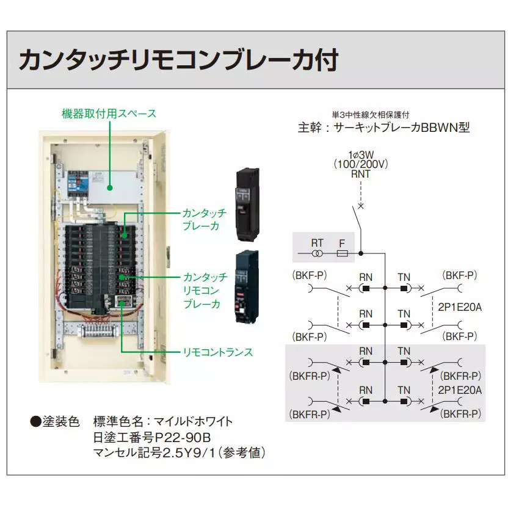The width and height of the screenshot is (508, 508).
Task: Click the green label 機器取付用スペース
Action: click(x=109, y=114)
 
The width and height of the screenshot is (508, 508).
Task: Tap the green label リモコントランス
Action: click(x=218, y=352)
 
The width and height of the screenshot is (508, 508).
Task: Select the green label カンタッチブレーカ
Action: click(x=204, y=219)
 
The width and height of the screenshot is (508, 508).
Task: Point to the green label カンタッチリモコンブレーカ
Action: click(x=204, y=291)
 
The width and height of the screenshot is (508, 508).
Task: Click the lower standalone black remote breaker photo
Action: click(x=246, y=285)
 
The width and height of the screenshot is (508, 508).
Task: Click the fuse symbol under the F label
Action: click(x=343, y=253)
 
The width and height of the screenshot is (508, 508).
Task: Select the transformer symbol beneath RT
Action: click(x=317, y=253)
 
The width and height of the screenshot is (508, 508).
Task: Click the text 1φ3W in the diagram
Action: click(x=361, y=154)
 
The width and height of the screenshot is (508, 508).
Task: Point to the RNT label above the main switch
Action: click(x=360, y=174)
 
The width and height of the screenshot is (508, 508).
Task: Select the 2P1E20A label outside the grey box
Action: click(x=460, y=307)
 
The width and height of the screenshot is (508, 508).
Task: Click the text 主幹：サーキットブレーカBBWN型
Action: click(x=383, y=128)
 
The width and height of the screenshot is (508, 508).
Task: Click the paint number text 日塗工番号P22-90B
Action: click(x=152, y=437)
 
